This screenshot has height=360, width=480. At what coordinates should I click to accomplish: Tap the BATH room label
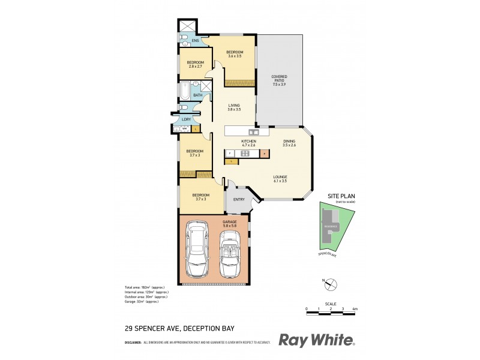(x=197, y=95)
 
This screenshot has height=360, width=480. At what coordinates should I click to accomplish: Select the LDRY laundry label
(x=187, y=119)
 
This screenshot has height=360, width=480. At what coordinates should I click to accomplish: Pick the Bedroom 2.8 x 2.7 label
(x=196, y=64)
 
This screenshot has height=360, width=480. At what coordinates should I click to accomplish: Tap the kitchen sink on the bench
(x=254, y=131)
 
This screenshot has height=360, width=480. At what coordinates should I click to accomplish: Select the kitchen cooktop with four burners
(x=245, y=154)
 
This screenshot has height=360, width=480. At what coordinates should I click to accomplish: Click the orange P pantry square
(x=264, y=154)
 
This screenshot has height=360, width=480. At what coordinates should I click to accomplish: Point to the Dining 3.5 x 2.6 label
(x=290, y=143)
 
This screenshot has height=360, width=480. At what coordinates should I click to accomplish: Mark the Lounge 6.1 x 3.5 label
(x=280, y=179)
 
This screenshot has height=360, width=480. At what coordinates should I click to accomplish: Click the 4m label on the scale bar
(x=355, y=309)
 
